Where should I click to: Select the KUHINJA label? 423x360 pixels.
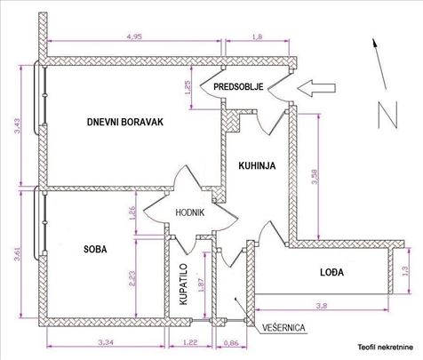[x=256, y=164]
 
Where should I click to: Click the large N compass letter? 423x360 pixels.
[x=386, y=113]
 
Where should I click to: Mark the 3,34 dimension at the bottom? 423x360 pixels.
[x=103, y=340]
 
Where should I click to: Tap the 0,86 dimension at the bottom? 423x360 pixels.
[x=232, y=340]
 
